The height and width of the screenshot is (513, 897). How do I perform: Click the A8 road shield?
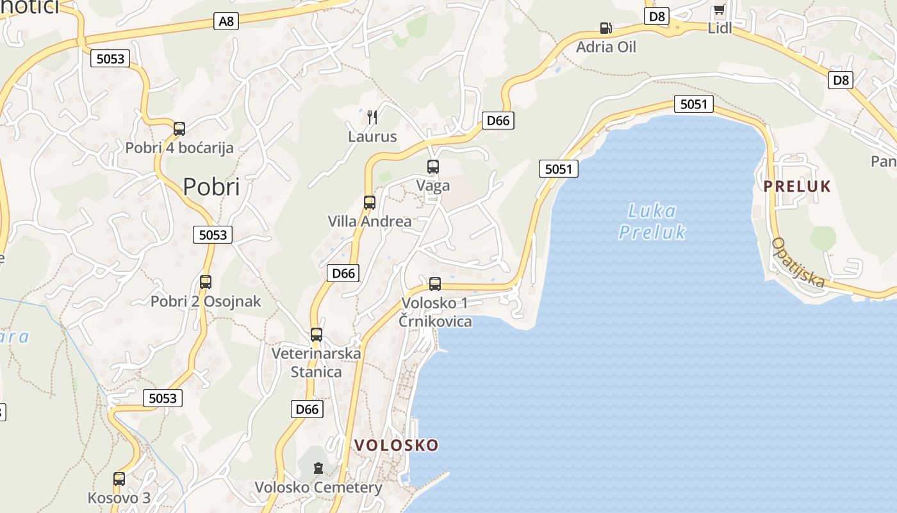(x=227, y=21)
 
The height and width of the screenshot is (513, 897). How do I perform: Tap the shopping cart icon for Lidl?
(x=720, y=11)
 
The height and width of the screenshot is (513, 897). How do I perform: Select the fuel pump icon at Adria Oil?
(x=605, y=28)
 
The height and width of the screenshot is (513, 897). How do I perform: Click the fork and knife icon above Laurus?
(x=372, y=117)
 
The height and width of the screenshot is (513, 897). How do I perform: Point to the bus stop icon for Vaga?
(x=433, y=167)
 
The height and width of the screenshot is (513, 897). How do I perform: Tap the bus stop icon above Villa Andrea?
(x=370, y=203)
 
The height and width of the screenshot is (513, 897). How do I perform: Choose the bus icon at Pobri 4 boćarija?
(x=179, y=128)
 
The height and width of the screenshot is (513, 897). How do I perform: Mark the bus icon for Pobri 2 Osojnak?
(x=206, y=282)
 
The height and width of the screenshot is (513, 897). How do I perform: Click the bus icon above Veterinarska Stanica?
(x=317, y=334)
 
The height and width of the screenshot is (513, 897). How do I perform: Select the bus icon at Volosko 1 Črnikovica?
(x=435, y=283)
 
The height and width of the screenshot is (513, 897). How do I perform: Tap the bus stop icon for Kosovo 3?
(x=119, y=478)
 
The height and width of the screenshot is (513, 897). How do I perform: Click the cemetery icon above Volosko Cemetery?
(x=318, y=468)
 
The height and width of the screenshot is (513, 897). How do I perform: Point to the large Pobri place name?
(x=211, y=187)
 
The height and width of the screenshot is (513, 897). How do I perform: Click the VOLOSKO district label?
(x=397, y=445)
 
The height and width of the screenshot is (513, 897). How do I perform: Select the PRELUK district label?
(x=797, y=187)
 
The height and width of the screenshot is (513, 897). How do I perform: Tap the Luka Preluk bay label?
(x=652, y=221)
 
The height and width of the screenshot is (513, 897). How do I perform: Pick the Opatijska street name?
(x=797, y=262)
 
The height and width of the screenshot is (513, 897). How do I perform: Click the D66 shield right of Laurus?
(x=498, y=120)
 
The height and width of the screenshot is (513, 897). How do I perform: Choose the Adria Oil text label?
(x=606, y=47)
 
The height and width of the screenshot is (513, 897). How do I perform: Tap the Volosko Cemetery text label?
(x=318, y=487)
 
